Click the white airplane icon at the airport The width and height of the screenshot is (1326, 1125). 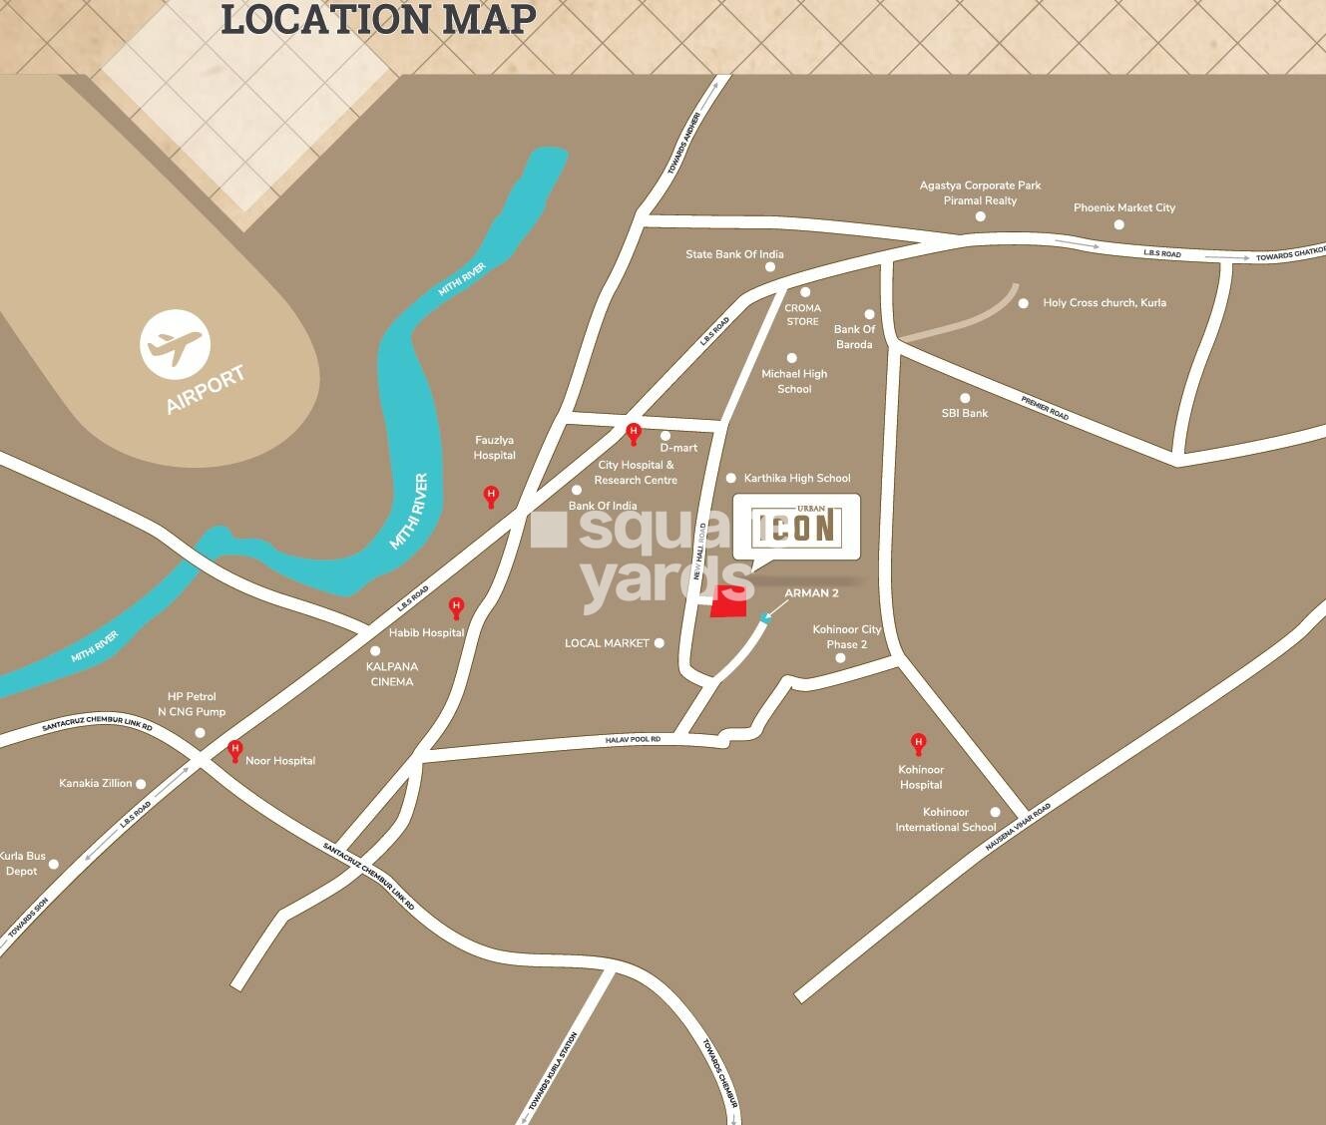click(x=175, y=345)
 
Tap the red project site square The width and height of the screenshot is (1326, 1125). click(x=728, y=602)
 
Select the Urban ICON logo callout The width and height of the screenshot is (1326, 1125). click(x=796, y=526)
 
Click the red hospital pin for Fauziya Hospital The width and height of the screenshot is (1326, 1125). click(x=491, y=495)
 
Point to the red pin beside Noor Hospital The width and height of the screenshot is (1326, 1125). click(x=235, y=749)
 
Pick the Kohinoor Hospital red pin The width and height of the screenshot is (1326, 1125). click(x=918, y=743)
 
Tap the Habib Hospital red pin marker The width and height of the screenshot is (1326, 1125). click(x=456, y=606)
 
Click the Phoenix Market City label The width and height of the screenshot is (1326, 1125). click(x=1124, y=207)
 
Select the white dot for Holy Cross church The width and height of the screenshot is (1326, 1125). click(x=1024, y=303)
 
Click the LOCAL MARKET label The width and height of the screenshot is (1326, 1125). click(x=607, y=643)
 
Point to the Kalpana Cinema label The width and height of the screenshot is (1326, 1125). click(x=392, y=674)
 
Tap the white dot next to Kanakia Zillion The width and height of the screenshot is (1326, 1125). click(x=141, y=784)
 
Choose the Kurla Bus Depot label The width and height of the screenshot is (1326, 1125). click(x=22, y=864)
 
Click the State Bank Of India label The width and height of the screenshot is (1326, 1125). click(x=734, y=254)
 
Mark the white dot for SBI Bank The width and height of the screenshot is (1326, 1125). click(x=965, y=399)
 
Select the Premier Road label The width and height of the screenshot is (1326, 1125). click(x=1045, y=408)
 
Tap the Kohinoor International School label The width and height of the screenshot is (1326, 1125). click(x=945, y=820)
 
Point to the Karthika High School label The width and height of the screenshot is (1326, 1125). click(x=797, y=479)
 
